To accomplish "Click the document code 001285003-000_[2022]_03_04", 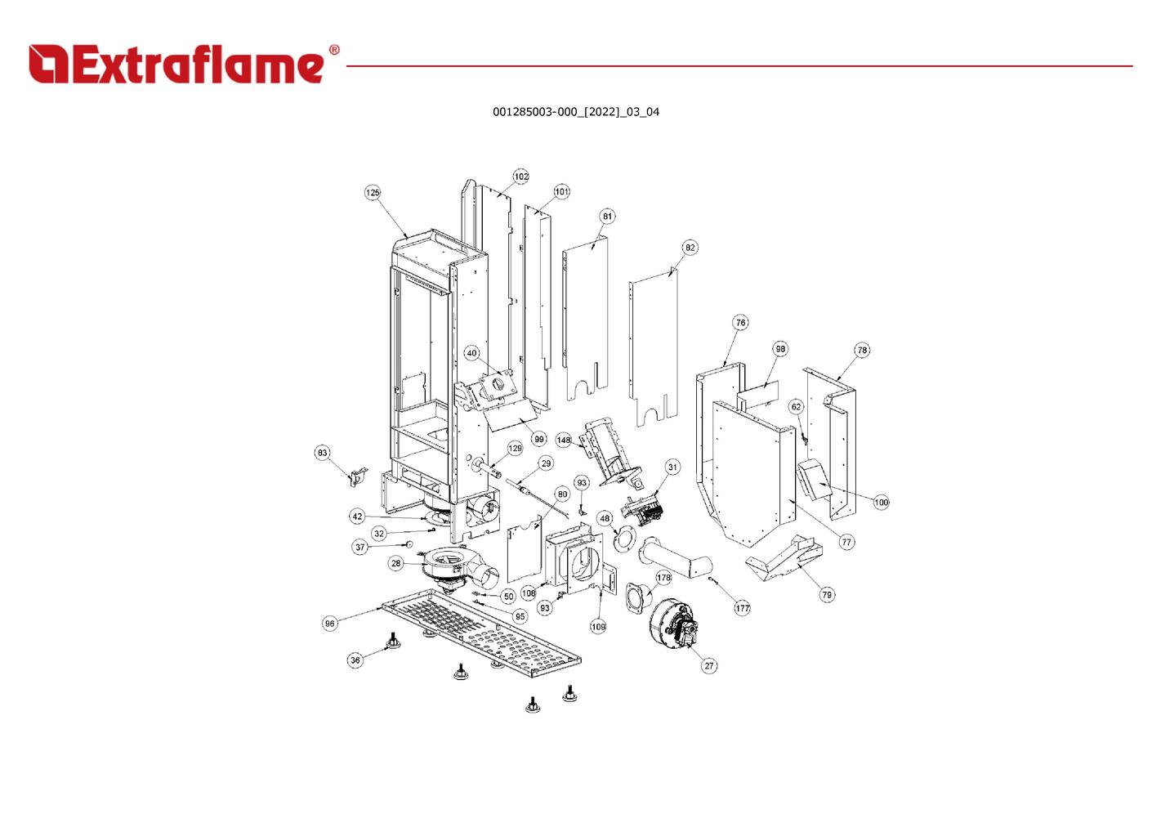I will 575,112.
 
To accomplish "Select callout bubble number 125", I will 373,193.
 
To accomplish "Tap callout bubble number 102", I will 521,177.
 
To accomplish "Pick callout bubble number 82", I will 690,248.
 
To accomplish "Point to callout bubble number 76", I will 740,323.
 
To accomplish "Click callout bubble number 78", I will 862,351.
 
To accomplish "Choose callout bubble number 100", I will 881,503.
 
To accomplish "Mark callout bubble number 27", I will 709,665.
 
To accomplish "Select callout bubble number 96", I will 329,624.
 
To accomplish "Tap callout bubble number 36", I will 355,660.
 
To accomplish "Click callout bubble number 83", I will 323,453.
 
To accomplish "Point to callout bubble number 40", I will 471,354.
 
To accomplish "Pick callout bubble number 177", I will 742,608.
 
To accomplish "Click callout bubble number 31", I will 672,467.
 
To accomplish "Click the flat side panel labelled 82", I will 654,343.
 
